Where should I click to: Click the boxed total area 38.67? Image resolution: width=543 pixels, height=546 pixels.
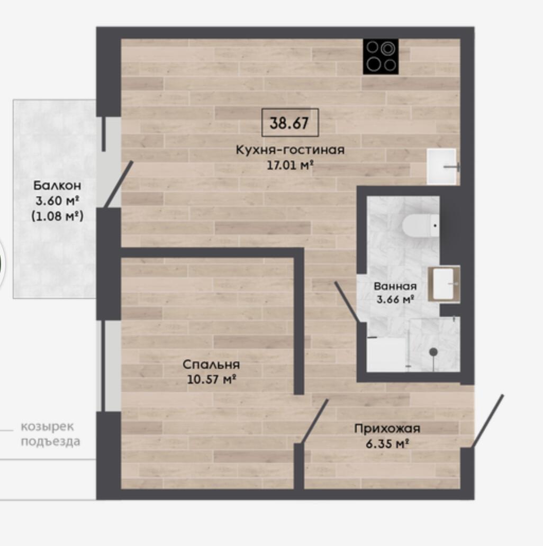[x=290, y=123]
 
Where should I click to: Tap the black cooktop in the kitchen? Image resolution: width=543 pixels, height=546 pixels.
[x=381, y=57]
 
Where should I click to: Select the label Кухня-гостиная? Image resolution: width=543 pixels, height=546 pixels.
[x=290, y=150]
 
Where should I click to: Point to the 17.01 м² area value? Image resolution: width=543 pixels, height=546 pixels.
[x=290, y=165]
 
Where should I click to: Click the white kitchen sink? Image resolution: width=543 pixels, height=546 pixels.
[x=441, y=167]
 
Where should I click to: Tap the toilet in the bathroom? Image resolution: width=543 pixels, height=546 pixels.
[x=421, y=225]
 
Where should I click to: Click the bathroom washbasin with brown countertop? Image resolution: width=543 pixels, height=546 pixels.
[x=444, y=284]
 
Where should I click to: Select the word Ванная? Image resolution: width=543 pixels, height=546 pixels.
[x=395, y=286]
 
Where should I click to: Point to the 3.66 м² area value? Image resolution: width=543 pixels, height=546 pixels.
[x=395, y=299]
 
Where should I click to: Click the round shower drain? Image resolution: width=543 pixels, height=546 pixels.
[x=433, y=352]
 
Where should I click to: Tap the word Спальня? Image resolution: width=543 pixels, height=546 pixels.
[x=211, y=365]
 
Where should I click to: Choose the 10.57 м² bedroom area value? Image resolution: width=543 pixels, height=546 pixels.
[x=212, y=379]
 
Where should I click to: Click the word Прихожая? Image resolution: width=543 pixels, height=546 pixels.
[x=387, y=429]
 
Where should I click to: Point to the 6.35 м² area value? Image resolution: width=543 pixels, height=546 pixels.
[x=387, y=444]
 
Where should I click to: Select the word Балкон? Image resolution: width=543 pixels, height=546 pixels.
[x=57, y=186]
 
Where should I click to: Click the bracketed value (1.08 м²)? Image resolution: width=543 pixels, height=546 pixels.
[x=57, y=216]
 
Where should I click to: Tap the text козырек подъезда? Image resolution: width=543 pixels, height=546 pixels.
[x=50, y=434]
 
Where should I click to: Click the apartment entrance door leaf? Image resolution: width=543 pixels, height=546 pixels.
[x=487, y=421]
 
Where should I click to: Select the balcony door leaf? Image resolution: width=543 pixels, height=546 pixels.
[x=119, y=184]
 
